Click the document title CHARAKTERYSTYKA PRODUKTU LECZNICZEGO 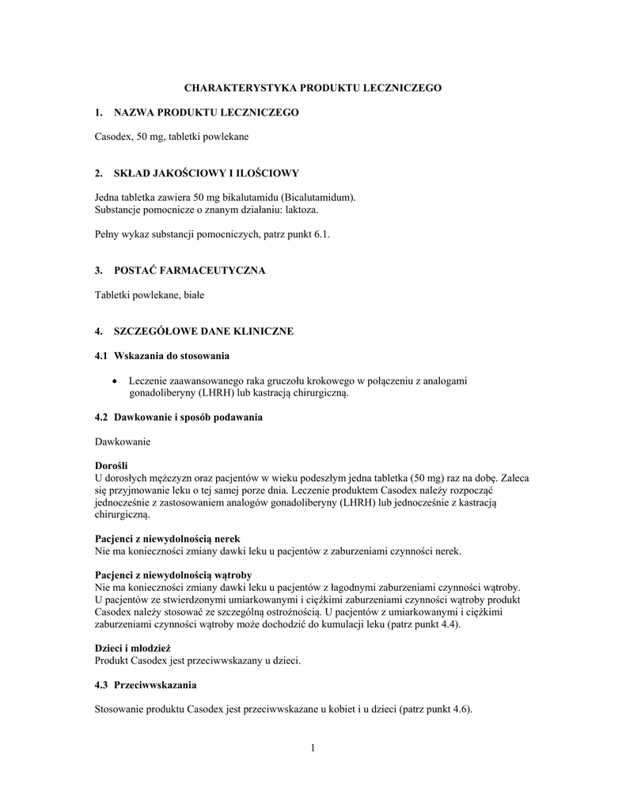coord(313,88)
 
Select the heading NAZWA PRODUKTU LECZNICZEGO coord(207,113)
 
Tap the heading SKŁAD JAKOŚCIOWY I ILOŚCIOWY coord(207,172)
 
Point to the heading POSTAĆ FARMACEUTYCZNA coord(190,271)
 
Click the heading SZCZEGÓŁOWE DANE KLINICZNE coord(203,331)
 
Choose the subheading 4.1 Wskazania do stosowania coord(162,356)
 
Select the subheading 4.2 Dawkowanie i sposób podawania coord(178,417)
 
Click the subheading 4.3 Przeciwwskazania coord(146,683)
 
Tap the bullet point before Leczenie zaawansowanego coord(117,381)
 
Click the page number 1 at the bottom coord(313,748)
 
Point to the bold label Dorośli coord(111,466)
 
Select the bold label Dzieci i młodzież coord(132,648)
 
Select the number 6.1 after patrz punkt coord(321,234)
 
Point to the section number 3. coord(98,271)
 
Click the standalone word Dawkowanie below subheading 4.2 coord(122,441)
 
